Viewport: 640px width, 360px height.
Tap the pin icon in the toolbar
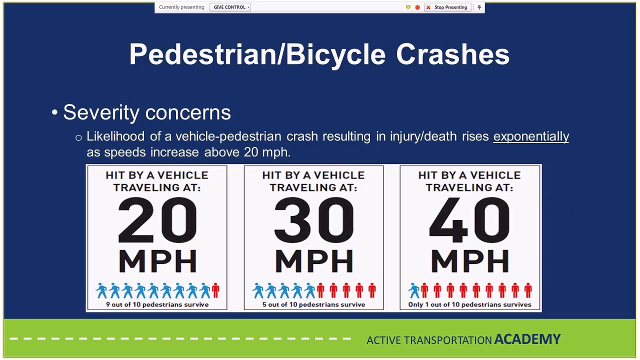coord(479,7)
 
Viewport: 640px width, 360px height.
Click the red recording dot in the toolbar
coord(417,7)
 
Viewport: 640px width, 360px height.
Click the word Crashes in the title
coord(452,54)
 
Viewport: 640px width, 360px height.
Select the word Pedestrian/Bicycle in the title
coord(257,54)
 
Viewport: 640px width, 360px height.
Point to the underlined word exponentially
coord(531,136)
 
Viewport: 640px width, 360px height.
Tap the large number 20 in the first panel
coord(157,220)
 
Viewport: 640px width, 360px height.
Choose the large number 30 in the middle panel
coord(313,220)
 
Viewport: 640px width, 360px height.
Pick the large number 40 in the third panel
coord(469,220)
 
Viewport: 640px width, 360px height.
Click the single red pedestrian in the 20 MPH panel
coord(215,290)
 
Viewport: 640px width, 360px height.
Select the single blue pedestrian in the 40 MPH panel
coord(413,290)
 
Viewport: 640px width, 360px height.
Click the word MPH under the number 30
coord(313,261)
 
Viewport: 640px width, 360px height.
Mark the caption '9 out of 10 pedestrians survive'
coord(157,304)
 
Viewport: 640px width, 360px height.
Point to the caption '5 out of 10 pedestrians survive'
coord(313,304)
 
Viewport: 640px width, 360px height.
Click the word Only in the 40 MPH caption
coord(415,304)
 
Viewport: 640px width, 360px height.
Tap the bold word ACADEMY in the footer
coord(527,339)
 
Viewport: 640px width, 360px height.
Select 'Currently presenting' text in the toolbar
coord(181,7)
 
